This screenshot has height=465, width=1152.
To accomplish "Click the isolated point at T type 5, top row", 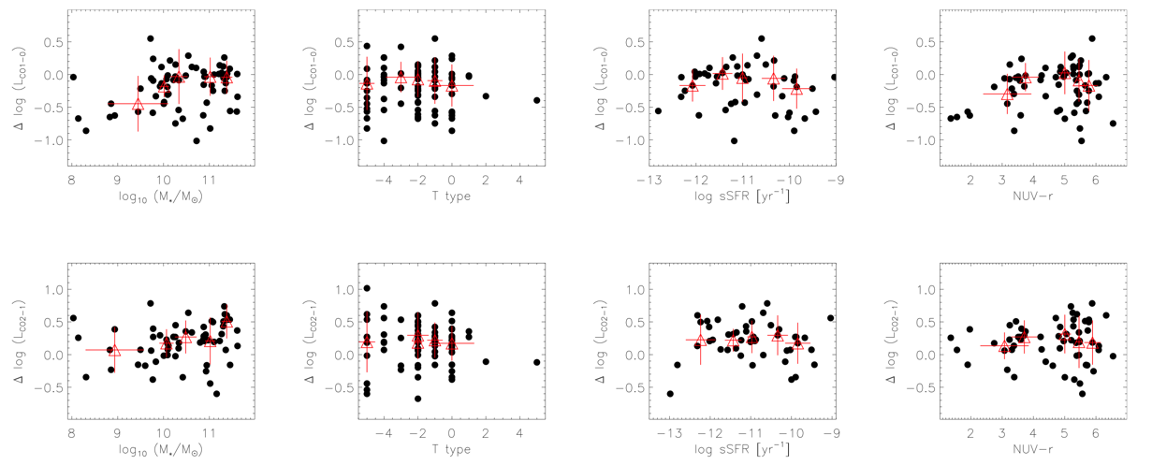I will pyautogui.click(x=536, y=100).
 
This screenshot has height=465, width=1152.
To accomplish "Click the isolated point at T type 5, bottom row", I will pyautogui.click(x=536, y=362).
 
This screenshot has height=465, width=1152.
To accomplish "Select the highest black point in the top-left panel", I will pyautogui.click(x=151, y=38).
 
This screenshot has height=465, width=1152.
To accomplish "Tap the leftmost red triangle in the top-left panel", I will pyautogui.click(x=138, y=105).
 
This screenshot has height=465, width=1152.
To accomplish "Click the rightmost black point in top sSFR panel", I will pyautogui.click(x=835, y=78).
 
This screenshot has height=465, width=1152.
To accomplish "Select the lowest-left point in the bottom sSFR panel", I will pyautogui.click(x=670, y=394).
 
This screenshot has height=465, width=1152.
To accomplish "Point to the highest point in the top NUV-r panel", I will pyautogui.click(x=1092, y=38).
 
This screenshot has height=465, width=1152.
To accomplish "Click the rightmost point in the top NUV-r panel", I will pyautogui.click(x=1113, y=124).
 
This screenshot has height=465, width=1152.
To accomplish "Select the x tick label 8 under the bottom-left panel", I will pyautogui.click(x=72, y=435).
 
